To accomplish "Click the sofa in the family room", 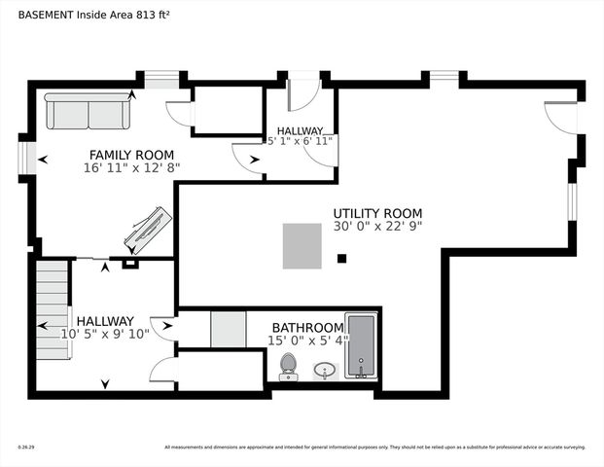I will [89, 112].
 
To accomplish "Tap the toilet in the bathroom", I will [288, 365].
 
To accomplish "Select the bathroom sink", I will [325, 370].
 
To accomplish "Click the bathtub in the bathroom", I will [361, 345].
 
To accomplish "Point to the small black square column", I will [341, 258].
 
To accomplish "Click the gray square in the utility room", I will [302, 245].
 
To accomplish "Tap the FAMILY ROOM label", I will [131, 155].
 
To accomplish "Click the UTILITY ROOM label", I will [377, 213].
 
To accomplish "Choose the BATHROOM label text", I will [307, 327].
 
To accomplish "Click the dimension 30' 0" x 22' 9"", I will [377, 227].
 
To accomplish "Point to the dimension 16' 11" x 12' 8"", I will [131, 167].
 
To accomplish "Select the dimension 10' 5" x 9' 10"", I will [105, 334].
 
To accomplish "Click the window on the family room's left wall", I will [29, 158].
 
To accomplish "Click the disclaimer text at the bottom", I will [374, 448].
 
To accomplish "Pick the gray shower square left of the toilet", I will [228, 329].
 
